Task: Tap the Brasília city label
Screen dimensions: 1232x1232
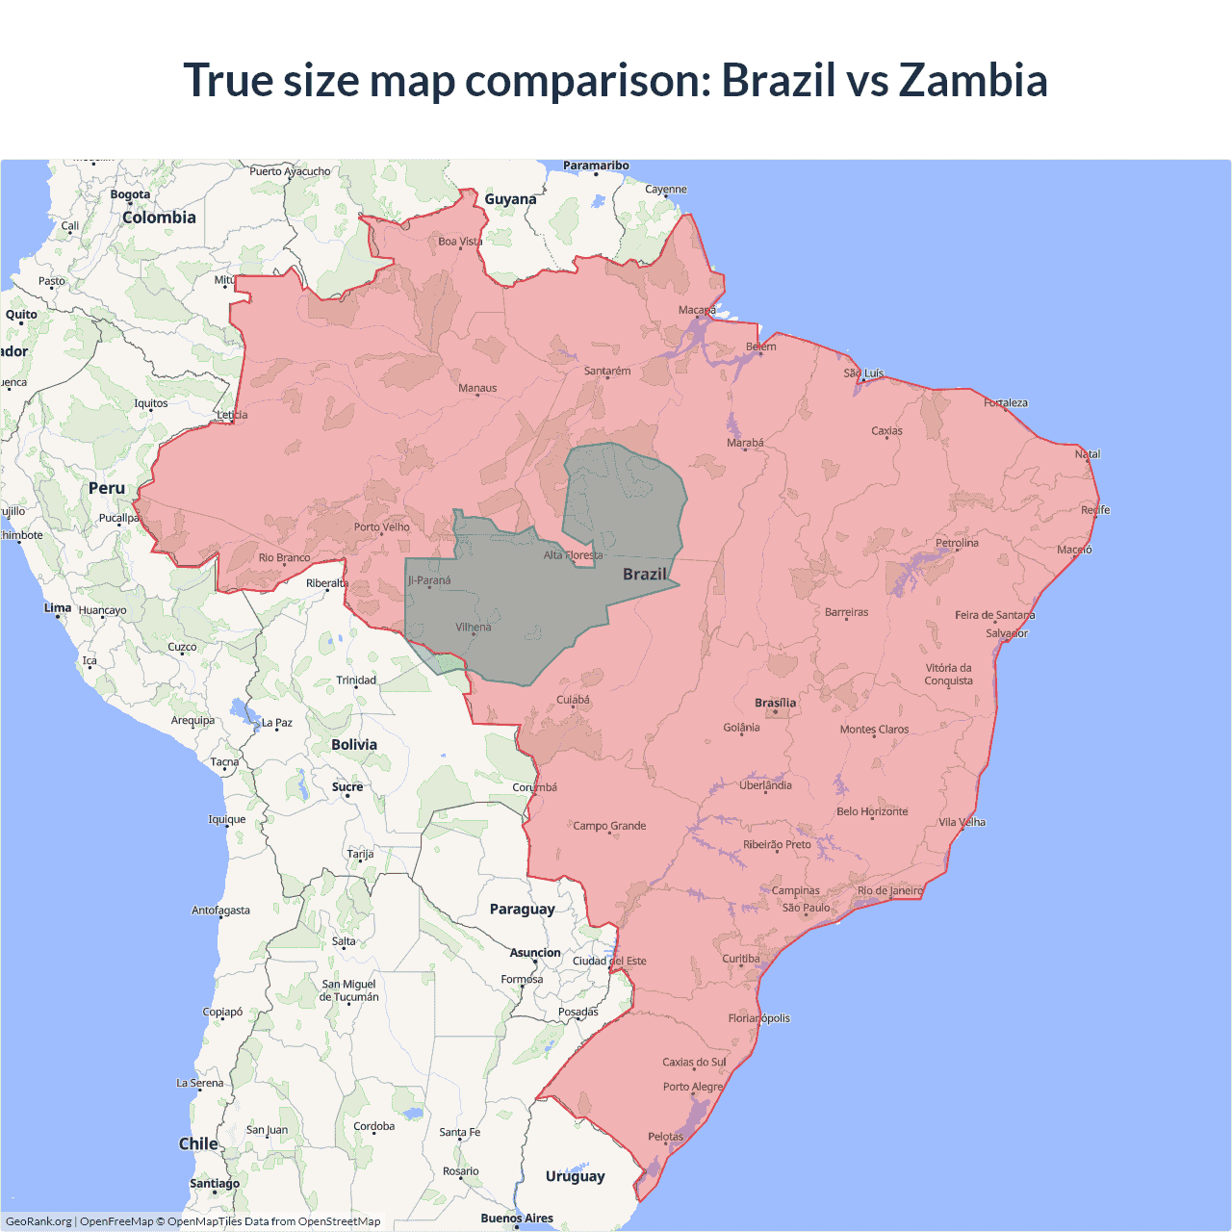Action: (x=775, y=703)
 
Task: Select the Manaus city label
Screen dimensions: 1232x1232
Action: (x=477, y=388)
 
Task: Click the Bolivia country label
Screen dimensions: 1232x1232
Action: (x=354, y=744)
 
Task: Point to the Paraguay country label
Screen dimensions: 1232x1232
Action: (x=522, y=909)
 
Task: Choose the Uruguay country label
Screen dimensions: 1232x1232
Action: (x=575, y=1176)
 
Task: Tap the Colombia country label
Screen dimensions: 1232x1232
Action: (x=159, y=218)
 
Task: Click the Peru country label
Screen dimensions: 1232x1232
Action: (x=107, y=488)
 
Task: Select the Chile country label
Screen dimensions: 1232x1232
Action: (x=198, y=1143)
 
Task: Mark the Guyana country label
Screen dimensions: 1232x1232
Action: (x=510, y=199)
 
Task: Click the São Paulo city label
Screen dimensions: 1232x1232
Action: (x=806, y=908)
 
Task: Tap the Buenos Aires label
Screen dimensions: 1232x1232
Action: (x=517, y=1218)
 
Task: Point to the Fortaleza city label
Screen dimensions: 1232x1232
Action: (x=1006, y=402)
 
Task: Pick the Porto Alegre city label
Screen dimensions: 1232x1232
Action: (x=692, y=1087)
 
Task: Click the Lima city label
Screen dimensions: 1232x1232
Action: (x=58, y=607)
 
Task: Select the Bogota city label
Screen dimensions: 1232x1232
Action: (x=130, y=194)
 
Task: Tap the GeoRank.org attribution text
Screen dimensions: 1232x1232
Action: (x=38, y=1221)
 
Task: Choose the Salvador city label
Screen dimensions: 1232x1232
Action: (x=1007, y=633)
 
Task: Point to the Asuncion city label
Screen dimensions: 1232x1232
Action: (x=535, y=953)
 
